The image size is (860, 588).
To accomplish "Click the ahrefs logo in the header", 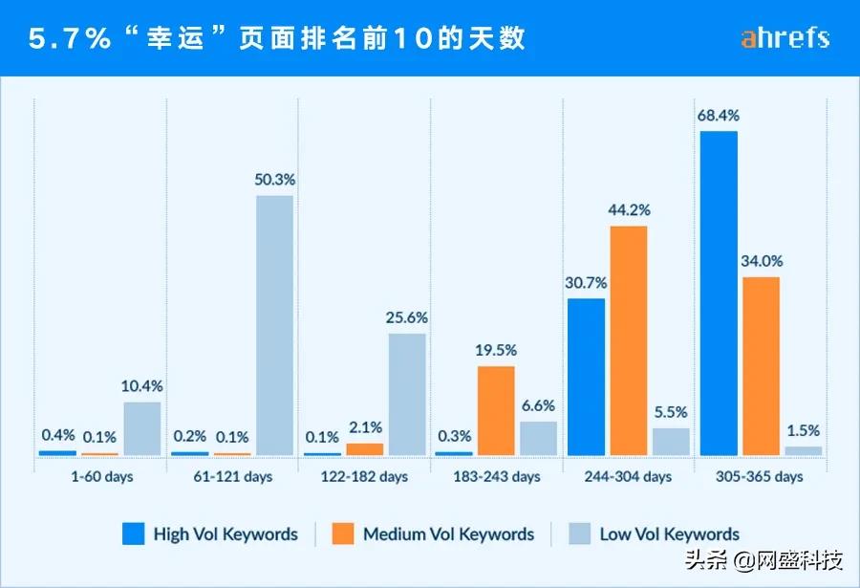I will [785, 38].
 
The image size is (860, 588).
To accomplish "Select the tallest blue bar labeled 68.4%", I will [719, 293].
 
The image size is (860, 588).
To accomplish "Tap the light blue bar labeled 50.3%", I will [274, 325].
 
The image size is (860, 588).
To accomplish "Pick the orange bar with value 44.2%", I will [629, 340].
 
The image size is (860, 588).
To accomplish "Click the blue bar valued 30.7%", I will [586, 377].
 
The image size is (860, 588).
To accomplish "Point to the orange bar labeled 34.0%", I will [761, 366].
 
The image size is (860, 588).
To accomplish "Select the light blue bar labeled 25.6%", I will [407, 394].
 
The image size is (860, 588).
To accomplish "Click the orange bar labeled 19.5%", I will [496, 410].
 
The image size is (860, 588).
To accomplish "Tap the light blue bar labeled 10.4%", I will [142, 428].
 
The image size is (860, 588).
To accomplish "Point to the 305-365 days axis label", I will [761, 476].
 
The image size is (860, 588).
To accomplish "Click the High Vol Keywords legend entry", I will [210, 534].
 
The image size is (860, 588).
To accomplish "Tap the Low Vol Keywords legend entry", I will [654, 534].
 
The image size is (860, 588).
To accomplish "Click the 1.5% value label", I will [804, 430].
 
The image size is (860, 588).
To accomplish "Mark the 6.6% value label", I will [538, 405].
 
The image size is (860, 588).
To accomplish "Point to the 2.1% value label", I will [364, 427].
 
